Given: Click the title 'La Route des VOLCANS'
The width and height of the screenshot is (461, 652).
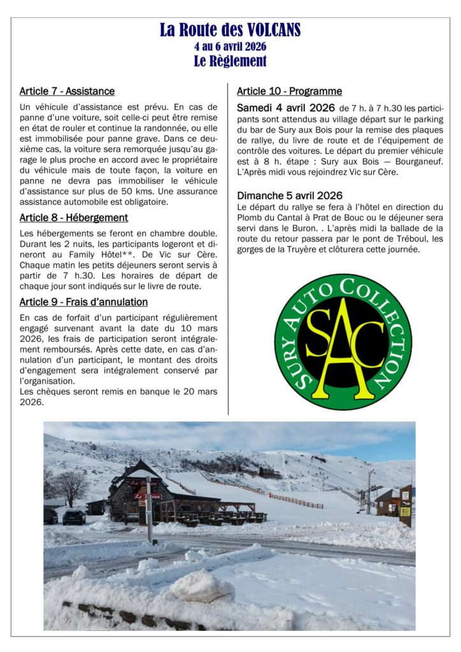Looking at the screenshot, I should tap(230, 30).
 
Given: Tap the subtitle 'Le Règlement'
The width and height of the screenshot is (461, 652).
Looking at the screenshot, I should tap(230, 61).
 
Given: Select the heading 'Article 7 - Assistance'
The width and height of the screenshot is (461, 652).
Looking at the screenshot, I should tap(67, 92).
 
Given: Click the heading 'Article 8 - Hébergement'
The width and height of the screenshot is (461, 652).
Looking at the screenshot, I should tap(73, 218).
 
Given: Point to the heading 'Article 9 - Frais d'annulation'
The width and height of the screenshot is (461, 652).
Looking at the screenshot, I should tap(83, 302).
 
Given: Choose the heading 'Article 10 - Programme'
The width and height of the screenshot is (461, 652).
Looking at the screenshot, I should tap(289, 91).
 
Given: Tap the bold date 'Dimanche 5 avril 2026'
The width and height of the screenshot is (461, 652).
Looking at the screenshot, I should tap(290, 195).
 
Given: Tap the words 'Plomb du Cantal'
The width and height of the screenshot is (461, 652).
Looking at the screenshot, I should tap(269, 218).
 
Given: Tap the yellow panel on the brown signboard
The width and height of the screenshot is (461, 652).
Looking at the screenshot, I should tap(405, 511).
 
